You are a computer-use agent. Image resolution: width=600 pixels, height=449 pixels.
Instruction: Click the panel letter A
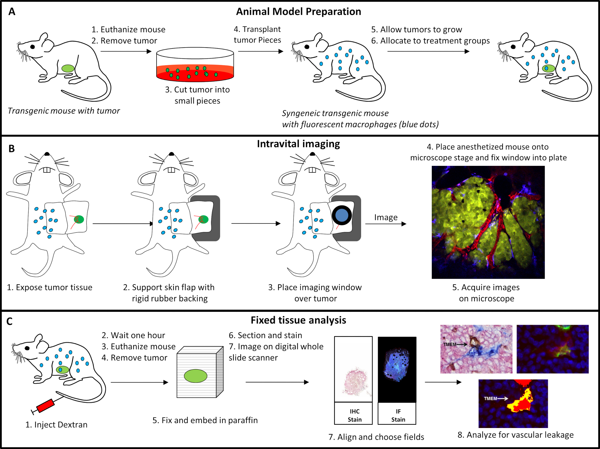[x=12, y=12]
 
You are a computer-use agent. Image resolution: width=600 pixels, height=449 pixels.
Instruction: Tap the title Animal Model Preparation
[x=298, y=12]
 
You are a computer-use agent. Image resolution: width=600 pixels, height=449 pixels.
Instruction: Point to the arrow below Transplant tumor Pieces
[x=260, y=51]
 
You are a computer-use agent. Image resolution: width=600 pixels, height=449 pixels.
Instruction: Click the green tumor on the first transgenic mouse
[x=68, y=68]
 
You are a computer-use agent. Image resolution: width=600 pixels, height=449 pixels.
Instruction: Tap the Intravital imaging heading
[x=298, y=144]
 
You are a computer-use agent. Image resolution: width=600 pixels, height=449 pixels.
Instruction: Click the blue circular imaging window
[x=342, y=215]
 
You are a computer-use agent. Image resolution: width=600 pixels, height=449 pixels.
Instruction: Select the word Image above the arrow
[x=386, y=217]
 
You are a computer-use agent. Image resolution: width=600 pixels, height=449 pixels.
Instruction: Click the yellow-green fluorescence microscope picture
[x=488, y=222]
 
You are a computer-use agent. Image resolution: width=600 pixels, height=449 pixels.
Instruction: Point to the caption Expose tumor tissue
[x=50, y=287]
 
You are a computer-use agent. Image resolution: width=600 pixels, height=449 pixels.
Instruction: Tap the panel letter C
[x=10, y=321]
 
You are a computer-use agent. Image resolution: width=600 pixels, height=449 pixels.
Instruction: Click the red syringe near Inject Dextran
[x=45, y=405]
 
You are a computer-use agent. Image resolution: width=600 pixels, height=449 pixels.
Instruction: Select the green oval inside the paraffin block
[x=196, y=376]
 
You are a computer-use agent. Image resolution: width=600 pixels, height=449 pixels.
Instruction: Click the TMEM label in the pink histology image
[x=449, y=344]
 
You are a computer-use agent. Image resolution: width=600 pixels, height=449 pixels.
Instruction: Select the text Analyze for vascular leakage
[x=515, y=435]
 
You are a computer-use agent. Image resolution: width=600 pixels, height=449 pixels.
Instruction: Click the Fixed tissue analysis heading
[x=298, y=320]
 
